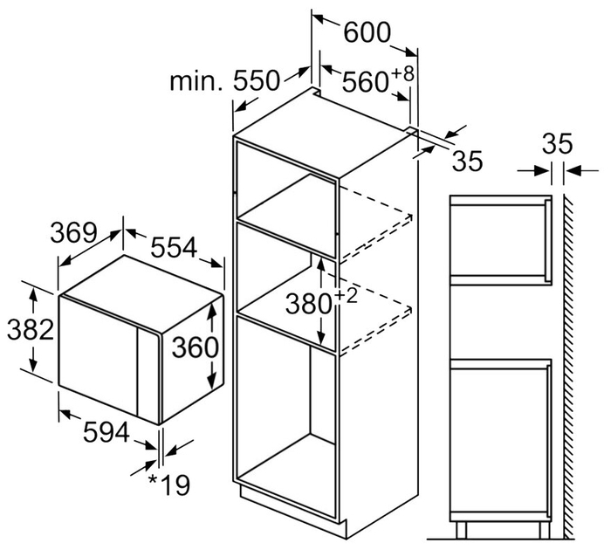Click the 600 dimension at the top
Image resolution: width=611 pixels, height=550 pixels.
point(367,32)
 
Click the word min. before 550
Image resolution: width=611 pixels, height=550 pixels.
point(196,81)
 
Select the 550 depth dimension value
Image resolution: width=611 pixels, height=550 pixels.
point(257,81)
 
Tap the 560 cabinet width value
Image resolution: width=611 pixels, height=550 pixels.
point(365,81)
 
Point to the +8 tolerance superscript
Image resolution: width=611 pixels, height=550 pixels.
point(402,74)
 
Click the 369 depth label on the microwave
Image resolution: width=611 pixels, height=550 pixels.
point(73,233)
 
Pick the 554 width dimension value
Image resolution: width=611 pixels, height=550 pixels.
point(174,248)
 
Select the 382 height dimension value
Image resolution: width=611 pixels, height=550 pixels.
point(31,329)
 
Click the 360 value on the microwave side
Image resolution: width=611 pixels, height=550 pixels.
point(196,347)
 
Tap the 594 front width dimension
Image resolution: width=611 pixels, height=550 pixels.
point(106,432)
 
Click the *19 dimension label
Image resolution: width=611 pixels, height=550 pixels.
point(169,485)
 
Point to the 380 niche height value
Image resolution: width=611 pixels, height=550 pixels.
point(309,304)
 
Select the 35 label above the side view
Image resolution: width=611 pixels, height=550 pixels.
point(558,144)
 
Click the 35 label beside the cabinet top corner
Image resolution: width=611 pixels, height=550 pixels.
point(467,161)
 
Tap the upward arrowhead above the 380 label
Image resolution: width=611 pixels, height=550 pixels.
point(321,265)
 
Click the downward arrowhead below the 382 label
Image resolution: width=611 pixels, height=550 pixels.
point(34,364)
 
